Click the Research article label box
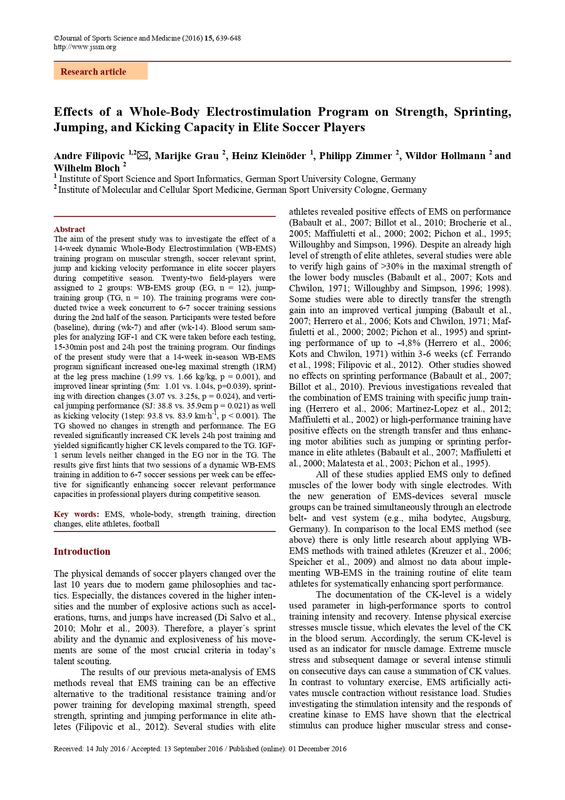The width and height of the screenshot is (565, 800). click(101, 72)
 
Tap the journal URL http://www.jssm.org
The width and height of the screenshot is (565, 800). click(85, 47)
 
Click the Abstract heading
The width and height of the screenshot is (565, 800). click(69, 229)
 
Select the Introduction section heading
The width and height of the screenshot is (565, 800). click(82, 552)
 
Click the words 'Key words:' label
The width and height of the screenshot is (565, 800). click(76, 514)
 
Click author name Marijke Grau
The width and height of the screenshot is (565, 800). click(187, 156)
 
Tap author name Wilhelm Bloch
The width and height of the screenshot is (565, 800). click(87, 168)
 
